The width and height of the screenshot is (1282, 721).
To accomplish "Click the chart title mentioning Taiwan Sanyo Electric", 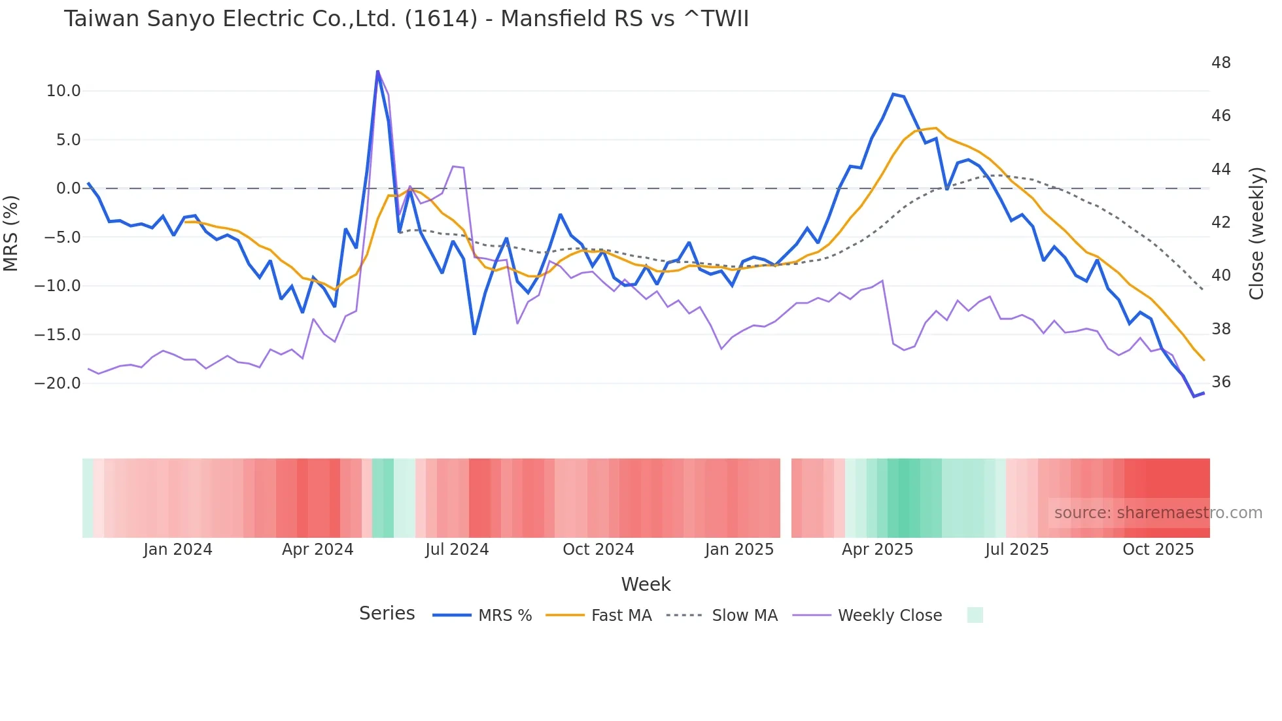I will pos(406,19).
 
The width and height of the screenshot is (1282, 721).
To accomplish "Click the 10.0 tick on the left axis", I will pos(63,91).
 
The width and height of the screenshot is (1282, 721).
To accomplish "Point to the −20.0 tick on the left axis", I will pos(58,383).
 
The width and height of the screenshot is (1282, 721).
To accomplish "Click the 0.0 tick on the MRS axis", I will pos(69,188).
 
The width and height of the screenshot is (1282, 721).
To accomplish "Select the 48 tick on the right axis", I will pos(1221,63).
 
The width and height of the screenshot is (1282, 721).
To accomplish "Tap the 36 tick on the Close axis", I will pos(1221,382).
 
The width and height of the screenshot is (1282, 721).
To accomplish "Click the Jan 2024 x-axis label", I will pos(178,550).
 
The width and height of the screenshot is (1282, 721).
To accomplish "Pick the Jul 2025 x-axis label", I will pos(1016,550).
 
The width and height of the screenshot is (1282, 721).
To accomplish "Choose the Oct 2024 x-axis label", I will pos(598,550).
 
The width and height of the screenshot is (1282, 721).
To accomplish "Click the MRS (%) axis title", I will pos(11,233).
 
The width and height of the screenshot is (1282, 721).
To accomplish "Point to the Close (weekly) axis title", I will pos(1256,234).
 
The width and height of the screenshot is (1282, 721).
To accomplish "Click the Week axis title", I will pos(646,584).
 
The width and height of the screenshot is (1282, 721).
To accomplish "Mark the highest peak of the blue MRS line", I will pos(377,71).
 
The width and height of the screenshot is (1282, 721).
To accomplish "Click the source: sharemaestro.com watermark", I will pos(1158,513).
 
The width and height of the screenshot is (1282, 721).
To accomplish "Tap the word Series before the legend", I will pos(387,614).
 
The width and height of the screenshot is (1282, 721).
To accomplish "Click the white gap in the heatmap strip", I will pos(786,498).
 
